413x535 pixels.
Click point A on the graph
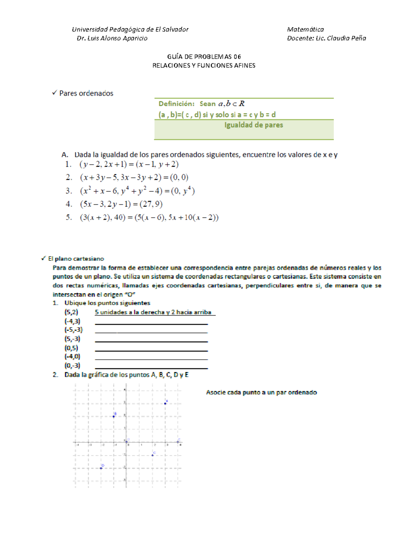[x=165, y=403]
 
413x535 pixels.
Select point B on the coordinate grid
[x=114, y=416]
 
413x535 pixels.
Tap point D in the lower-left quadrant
[x=101, y=468]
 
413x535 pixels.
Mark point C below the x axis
[x=152, y=455]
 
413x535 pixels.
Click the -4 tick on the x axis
[x=77, y=445]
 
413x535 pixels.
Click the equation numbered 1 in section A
[x=129, y=164]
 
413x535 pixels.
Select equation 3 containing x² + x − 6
[x=137, y=191]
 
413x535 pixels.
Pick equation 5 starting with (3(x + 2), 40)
[x=149, y=217]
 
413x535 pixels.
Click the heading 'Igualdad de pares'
[x=254, y=125]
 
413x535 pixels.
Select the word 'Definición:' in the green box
[x=176, y=104]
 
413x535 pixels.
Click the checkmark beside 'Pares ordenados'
[x=54, y=93]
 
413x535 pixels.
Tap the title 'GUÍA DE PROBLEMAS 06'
[x=204, y=56]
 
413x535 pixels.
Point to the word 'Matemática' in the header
[x=305, y=29]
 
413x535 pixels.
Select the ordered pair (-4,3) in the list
[x=72, y=321]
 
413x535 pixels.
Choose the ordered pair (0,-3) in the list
[x=72, y=366]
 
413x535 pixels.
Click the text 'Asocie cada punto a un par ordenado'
[x=261, y=392]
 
